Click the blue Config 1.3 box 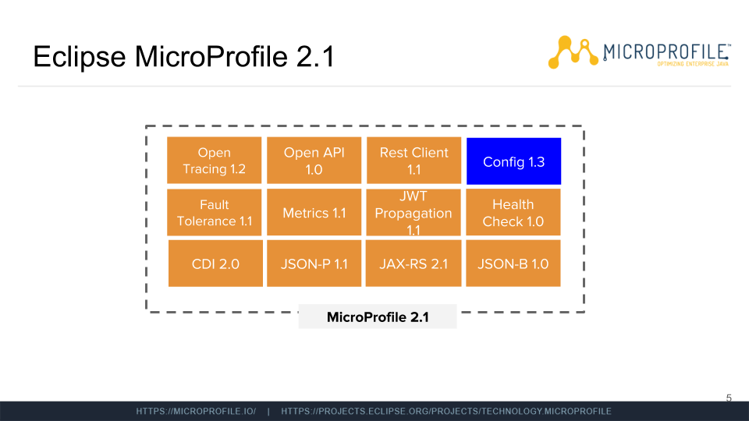click(x=513, y=161)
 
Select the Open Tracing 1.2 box click(x=214, y=161)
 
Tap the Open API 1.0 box click(x=314, y=161)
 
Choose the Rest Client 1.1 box click(x=414, y=161)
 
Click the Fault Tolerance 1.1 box click(x=214, y=212)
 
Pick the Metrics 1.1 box click(x=314, y=212)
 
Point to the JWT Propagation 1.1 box click(x=414, y=212)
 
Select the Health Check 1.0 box click(x=513, y=212)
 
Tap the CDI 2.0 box click(x=215, y=264)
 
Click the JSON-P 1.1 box click(x=314, y=264)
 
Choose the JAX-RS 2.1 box click(x=414, y=264)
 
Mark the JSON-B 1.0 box click(x=513, y=264)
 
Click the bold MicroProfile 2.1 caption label click(x=378, y=317)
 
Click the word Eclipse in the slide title click(x=80, y=57)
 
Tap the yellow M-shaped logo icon click(x=573, y=52)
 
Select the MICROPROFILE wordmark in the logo click(x=666, y=51)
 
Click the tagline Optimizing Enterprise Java click(x=693, y=64)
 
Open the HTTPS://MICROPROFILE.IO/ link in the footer click(x=196, y=412)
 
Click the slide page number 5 click(x=729, y=398)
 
